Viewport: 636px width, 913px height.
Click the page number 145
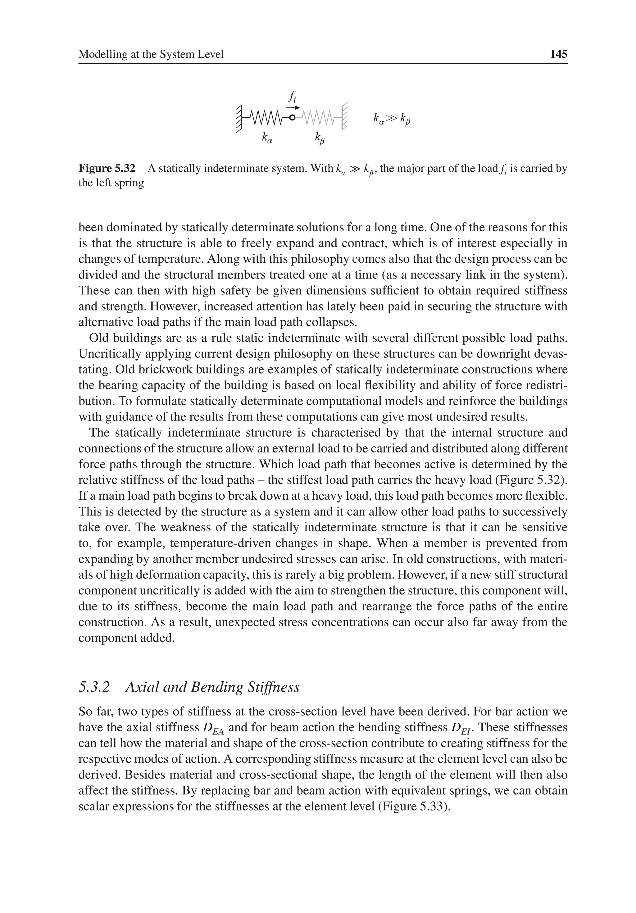click(558, 54)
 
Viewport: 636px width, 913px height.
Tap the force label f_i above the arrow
click(292, 97)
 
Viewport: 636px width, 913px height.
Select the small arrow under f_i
click(293, 107)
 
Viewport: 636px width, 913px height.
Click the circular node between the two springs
click(292, 118)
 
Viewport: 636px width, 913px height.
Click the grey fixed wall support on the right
click(344, 116)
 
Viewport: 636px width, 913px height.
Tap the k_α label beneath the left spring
click(267, 138)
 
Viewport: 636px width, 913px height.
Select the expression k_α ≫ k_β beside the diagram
click(391, 119)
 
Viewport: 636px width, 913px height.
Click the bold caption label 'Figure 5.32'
click(107, 169)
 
